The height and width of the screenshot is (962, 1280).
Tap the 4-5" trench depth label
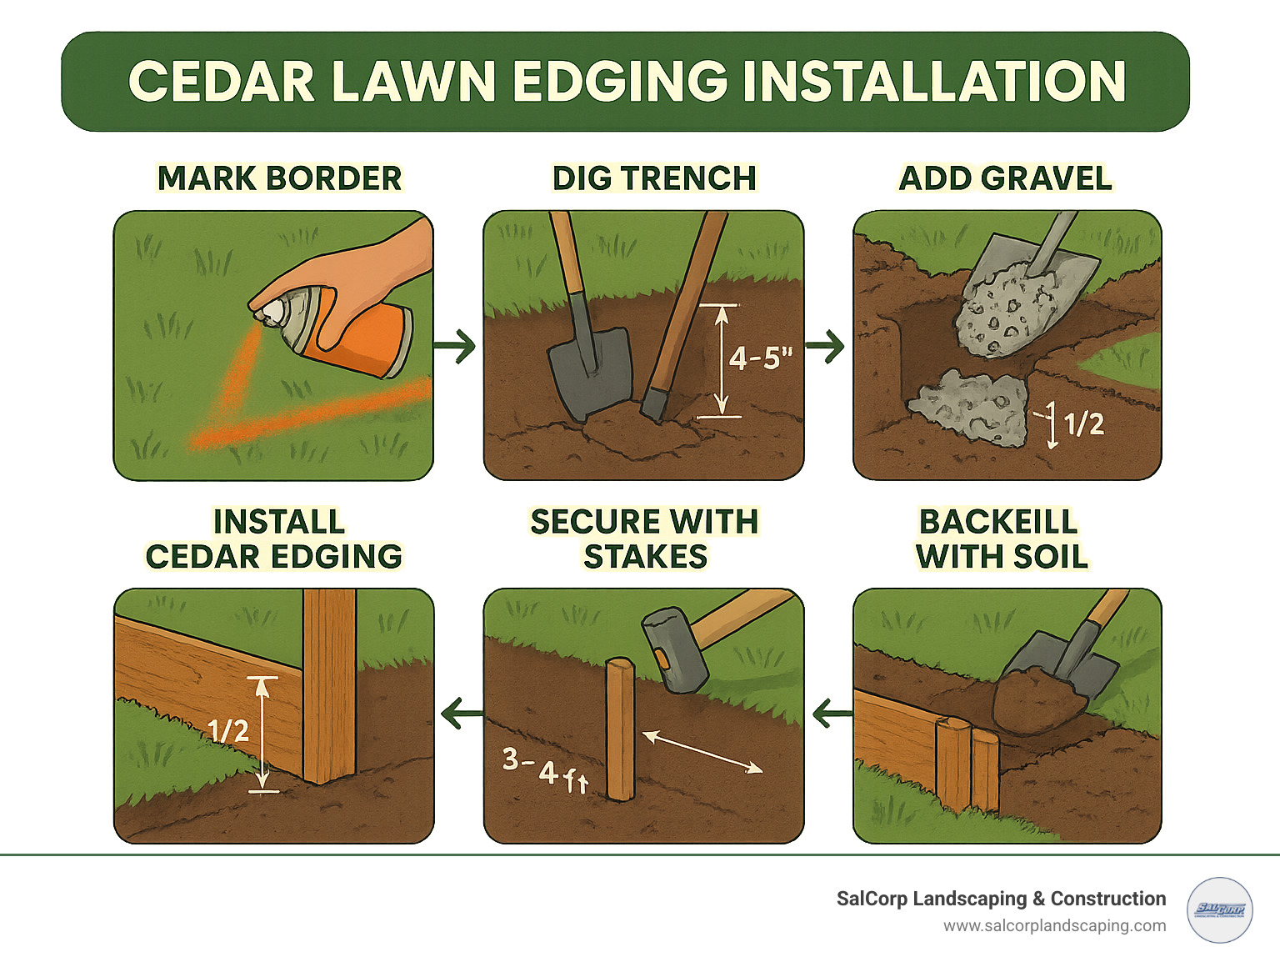pos(760,358)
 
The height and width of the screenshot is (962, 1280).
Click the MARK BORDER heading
pos(279,178)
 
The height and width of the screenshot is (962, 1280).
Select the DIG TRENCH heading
pos(654,178)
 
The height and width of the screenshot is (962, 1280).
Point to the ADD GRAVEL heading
pos(1005,178)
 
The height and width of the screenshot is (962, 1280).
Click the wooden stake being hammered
pos(620,729)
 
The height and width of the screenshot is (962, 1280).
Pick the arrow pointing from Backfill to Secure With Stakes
pos(830,714)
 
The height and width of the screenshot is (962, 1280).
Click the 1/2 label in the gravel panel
pos(1084,424)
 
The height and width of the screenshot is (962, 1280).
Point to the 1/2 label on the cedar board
pos(227,731)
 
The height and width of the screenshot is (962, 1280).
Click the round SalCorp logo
pos(1219,909)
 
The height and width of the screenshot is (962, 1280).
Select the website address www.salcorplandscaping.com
pos(1054,925)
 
